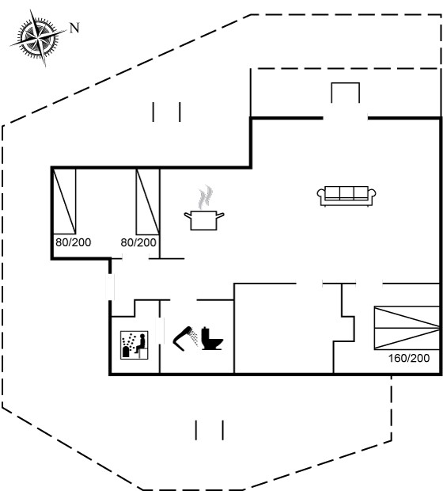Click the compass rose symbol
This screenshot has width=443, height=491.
tap(39, 38)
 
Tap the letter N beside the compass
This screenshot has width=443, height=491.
tap(74, 28)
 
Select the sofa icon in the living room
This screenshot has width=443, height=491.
tap(346, 196)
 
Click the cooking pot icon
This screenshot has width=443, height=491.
tap(203, 220)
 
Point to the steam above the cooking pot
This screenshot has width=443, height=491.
tap(205, 197)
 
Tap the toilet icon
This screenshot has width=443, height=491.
tap(212, 338)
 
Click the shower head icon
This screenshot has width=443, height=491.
tap(185, 339)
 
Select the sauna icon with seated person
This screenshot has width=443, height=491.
tap(134, 345)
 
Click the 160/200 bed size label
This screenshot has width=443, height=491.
tap(409, 358)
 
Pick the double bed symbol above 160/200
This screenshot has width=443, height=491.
tap(407, 328)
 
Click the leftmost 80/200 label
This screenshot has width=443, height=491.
tap(74, 242)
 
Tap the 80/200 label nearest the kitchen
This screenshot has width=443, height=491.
tap(138, 242)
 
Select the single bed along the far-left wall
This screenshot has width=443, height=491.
tap(64, 201)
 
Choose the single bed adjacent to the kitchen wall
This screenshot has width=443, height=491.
tap(148, 201)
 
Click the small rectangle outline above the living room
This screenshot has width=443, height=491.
tap(346, 93)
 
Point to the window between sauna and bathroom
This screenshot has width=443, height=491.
tap(160, 331)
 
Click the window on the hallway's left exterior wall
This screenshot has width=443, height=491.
tap(110, 287)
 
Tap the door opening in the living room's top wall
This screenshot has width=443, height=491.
tap(346, 118)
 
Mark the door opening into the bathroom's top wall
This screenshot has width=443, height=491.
tap(184, 300)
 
